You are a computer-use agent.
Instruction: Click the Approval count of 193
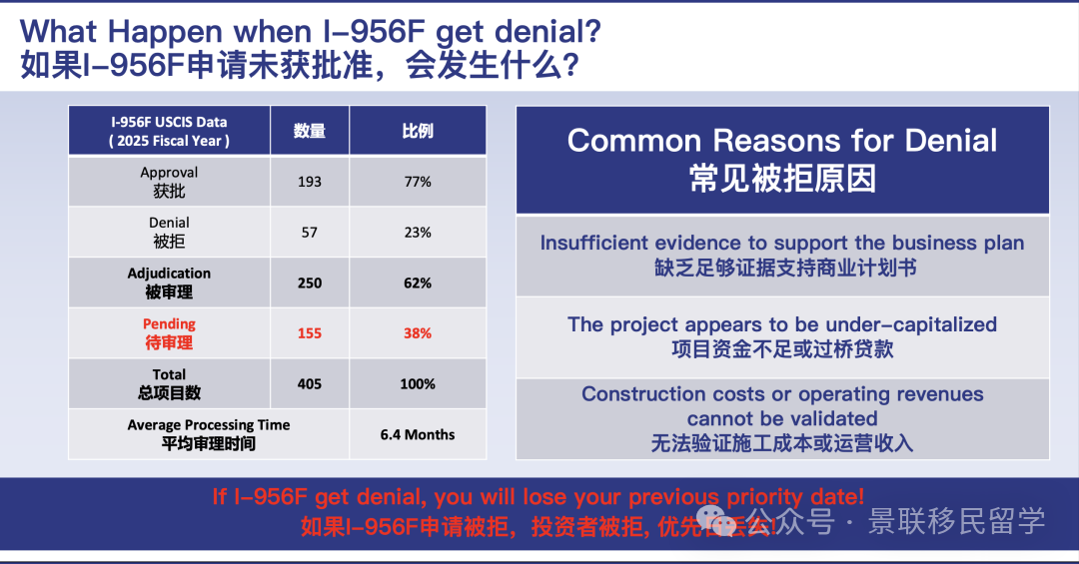pos(310,182)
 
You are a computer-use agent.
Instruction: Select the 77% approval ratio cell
pos(418,182)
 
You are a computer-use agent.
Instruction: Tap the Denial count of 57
pos(310,233)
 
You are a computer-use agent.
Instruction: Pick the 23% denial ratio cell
pos(418,233)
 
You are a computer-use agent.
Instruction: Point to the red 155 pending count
pos(310,333)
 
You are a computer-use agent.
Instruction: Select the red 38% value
pos(418,333)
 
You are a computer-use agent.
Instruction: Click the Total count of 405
pos(310,384)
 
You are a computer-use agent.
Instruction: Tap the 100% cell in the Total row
pos(418,384)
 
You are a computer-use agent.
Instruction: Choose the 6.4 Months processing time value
pos(418,435)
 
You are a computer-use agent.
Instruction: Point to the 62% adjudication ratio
pos(418,282)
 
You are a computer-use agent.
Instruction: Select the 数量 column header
pos(310,131)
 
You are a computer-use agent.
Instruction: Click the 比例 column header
pos(418,131)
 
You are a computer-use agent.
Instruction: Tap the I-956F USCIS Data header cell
pos(169,131)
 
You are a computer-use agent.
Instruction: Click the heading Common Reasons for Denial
pos(782,141)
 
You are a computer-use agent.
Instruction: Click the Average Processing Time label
pos(209,425)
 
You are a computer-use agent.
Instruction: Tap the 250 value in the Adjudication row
pos(310,282)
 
